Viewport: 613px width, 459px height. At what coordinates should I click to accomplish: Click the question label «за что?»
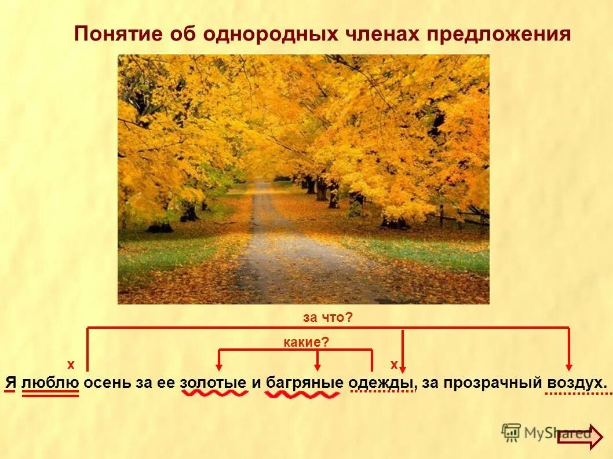pyautogui.click(x=328, y=317)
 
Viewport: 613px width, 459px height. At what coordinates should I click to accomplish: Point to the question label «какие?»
pyautogui.click(x=306, y=343)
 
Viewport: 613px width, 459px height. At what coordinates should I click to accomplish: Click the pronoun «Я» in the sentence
pyautogui.click(x=10, y=383)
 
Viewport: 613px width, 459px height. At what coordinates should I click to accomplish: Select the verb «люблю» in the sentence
pyautogui.click(x=50, y=383)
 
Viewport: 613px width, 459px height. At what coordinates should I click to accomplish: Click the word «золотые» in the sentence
pyautogui.click(x=214, y=383)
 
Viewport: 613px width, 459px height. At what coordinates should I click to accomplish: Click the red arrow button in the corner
pyautogui.click(x=579, y=438)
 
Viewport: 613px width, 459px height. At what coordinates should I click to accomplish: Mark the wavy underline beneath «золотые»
pyautogui.click(x=214, y=394)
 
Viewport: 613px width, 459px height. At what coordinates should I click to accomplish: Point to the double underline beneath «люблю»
pyautogui.click(x=50, y=393)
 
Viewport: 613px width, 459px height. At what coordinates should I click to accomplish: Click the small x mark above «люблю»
pyautogui.click(x=71, y=365)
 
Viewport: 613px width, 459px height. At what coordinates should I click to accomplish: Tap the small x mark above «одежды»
pyautogui.click(x=394, y=365)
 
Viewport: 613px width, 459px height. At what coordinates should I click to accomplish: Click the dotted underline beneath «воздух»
pyautogui.click(x=578, y=394)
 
